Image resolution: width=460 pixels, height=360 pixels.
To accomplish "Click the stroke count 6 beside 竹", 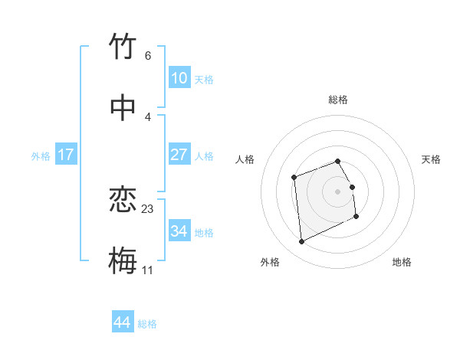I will pos(148,56).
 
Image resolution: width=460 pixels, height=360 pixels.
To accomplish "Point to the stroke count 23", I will pos(148,208).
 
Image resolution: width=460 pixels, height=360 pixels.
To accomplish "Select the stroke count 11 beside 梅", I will pos(148,270).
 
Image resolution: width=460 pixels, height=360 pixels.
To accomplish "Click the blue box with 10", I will pos(179,77).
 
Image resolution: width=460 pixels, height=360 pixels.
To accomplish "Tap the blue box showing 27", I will pos(179,154).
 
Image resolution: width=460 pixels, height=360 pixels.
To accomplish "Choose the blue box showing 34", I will pos(179,231).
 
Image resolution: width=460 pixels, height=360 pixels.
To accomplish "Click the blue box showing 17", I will pos(66,154).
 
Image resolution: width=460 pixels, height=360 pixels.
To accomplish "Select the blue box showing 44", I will pos(122,322).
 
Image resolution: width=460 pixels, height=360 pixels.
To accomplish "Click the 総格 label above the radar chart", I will pos(338,100).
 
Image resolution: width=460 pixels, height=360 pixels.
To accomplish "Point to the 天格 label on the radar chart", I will pos(432,159).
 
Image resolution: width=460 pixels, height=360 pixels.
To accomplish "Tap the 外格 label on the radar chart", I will pos(270,263).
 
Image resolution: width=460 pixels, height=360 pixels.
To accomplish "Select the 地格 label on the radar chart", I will pos(402,263).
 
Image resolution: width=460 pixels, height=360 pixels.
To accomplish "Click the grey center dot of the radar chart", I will pos(337,191).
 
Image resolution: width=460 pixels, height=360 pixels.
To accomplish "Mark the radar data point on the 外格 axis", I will pos(301,242).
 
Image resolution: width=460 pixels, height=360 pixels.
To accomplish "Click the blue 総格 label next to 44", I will pos(147,324).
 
